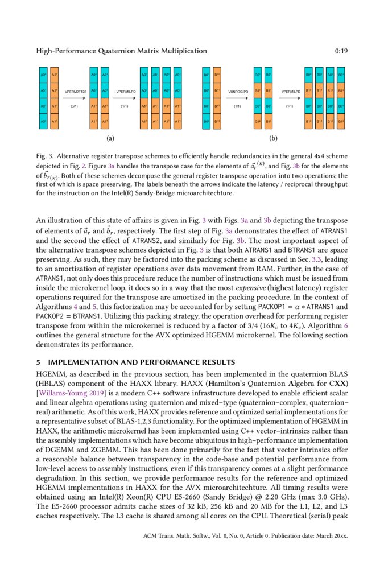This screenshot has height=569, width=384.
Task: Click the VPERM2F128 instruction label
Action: tap(74, 91)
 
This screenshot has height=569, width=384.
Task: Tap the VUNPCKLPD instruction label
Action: tap(238, 91)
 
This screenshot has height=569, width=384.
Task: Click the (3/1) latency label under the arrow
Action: tap(74, 106)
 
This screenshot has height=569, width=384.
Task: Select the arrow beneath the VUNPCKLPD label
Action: tap(238, 98)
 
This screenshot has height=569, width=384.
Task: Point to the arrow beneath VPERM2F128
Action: tap(74, 98)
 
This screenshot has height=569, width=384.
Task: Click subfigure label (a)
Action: tap(110, 138)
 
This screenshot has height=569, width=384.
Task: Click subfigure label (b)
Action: tap(274, 138)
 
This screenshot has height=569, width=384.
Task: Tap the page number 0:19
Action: tap(341, 51)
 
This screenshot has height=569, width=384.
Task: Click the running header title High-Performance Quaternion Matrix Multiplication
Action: tap(121, 51)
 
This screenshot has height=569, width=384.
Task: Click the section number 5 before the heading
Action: tap(38, 362)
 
